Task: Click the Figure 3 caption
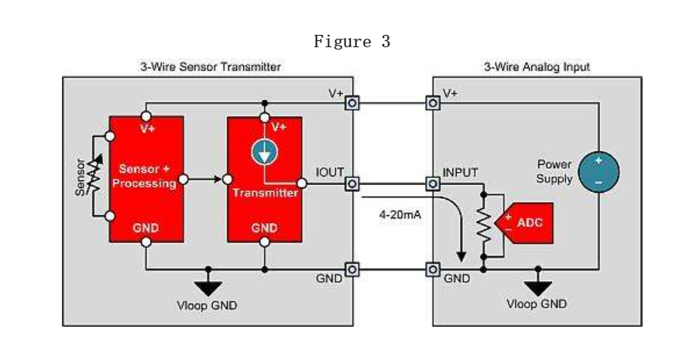point(352,43)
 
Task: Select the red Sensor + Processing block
point(146,178)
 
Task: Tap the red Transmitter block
point(265,178)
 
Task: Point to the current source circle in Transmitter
point(265,153)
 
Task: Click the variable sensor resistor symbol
point(94,177)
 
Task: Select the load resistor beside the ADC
point(484,225)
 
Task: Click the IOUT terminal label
point(330,173)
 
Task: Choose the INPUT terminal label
point(460,172)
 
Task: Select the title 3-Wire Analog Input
point(537,67)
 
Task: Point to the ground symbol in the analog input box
point(537,283)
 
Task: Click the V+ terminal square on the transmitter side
point(352,103)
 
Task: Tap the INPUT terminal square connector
point(434,184)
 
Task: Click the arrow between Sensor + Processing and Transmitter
point(204,180)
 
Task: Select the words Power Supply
point(555,172)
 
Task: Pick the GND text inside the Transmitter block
point(265,228)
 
